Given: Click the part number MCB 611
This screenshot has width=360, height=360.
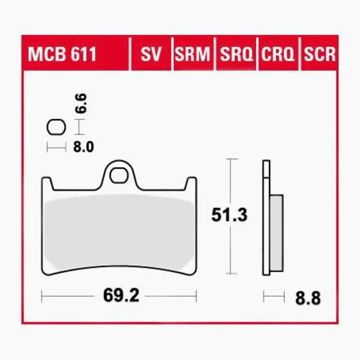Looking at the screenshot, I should point(62,54).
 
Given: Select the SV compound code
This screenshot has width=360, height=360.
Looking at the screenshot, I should point(151,54).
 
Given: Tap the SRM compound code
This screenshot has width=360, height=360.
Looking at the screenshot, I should point(193,54).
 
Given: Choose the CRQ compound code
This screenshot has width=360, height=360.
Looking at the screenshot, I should point(278,54).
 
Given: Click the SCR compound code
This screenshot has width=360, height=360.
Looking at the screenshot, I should point(319,54).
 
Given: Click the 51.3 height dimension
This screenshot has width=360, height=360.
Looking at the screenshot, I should point(229,215).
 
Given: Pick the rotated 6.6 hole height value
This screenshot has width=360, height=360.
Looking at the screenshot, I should point(81,103).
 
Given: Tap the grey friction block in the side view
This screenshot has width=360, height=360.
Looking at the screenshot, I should point(276,232).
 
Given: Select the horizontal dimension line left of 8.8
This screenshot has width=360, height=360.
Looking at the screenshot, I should point(274,296).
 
